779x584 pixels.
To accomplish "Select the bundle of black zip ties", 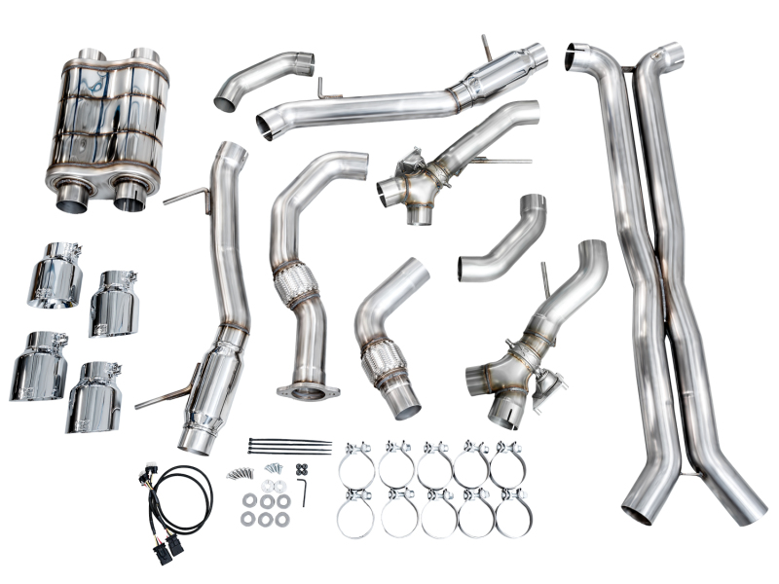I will click(x=288, y=447).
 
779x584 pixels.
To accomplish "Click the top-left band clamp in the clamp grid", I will click(x=356, y=465).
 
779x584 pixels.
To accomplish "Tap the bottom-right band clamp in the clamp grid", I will click(x=512, y=514).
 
